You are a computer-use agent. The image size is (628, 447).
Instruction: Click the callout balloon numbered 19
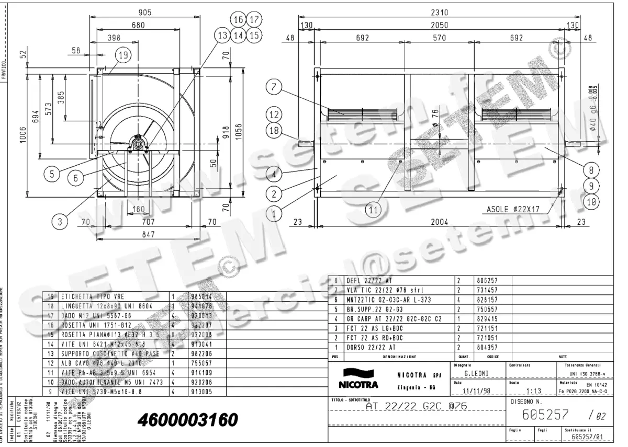coord(122,54)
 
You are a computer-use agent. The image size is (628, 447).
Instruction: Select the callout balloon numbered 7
coord(273,88)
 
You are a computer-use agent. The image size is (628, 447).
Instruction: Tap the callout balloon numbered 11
coord(372,210)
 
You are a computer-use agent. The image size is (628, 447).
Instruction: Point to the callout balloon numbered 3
coord(60,222)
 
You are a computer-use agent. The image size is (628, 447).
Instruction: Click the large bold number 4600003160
coord(187,420)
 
